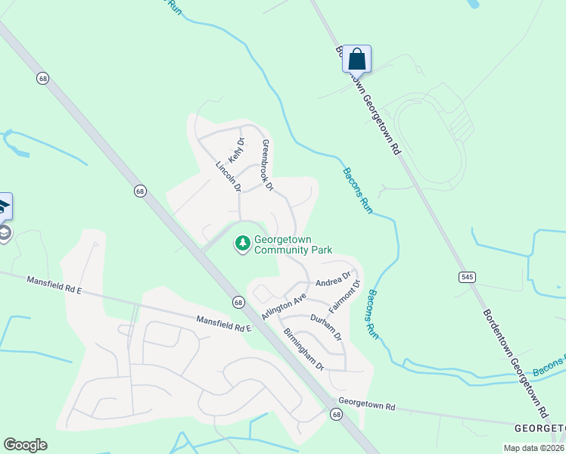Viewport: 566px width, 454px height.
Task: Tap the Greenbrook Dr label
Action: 266,164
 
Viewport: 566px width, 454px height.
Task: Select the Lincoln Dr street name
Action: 227,176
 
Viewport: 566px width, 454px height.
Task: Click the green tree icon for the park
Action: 243,243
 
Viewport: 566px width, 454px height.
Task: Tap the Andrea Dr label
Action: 334,278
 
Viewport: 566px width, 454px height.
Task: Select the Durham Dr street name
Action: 326,325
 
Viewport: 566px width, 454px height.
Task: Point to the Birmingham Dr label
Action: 303,349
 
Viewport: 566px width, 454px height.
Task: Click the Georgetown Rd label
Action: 367,406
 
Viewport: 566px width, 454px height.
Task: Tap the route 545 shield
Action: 467,277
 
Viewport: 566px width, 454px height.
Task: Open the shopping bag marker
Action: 357,59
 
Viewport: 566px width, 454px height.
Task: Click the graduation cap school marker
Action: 3,206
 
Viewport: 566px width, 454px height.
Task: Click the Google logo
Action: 25,445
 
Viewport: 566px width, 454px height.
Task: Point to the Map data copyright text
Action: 534,448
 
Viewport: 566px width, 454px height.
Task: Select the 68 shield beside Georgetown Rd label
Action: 336,414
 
